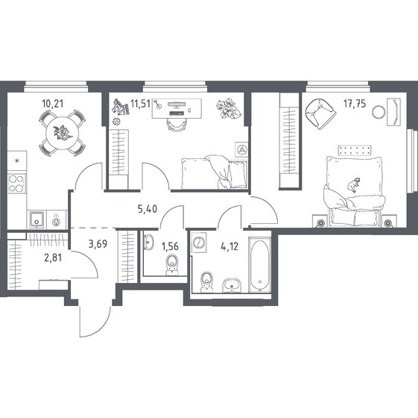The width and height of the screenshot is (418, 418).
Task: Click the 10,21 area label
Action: (53, 104)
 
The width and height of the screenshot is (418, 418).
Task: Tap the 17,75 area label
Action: (355, 104)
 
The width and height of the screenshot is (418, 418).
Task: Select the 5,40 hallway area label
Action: (148, 209)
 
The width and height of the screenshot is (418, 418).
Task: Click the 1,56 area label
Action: (170, 246)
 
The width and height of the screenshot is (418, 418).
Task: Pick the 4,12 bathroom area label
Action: (229, 246)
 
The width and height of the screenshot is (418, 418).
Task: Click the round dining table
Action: (63, 133)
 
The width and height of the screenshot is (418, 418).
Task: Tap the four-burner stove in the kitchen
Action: (16, 184)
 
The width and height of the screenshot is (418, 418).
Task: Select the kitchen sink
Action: (37, 219)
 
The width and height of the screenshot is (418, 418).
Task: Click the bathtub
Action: (260, 265)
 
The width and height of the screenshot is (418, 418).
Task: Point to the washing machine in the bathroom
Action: (199, 243)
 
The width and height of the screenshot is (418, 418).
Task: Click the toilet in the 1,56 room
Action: (172, 264)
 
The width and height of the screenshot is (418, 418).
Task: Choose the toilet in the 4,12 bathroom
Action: (206, 282)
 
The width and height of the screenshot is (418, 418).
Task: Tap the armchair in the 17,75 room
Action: (320, 113)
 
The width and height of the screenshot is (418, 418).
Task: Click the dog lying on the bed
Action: (354, 184)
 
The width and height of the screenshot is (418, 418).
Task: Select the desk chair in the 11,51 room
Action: (177, 125)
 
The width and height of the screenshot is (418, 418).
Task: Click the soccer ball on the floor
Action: (116, 122)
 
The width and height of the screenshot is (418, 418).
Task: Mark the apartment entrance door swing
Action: (95, 321)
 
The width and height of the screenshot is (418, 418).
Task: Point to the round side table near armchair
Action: (378, 112)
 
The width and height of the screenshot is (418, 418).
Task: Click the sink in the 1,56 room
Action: (148, 242)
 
